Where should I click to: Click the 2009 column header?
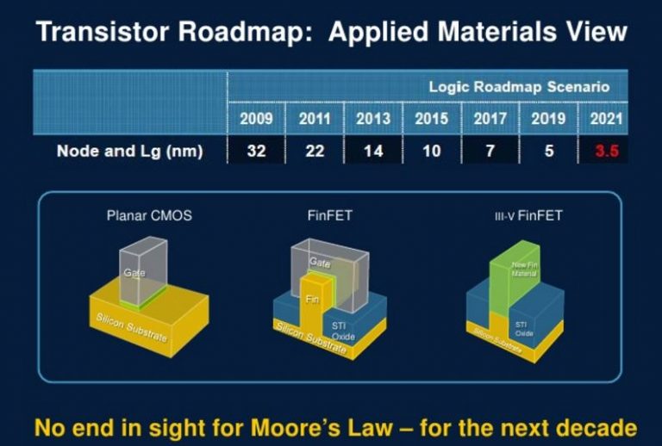[x=255, y=119]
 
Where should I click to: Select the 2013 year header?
[x=372, y=119]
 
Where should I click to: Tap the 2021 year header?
[x=605, y=119]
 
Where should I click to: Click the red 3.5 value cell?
[x=605, y=152]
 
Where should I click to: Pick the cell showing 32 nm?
[x=255, y=152]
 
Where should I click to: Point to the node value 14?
[x=372, y=152]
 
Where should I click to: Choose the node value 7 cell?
[x=490, y=152]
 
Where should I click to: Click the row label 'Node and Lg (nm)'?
[x=129, y=152]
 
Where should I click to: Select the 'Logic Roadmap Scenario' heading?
[x=519, y=87]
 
